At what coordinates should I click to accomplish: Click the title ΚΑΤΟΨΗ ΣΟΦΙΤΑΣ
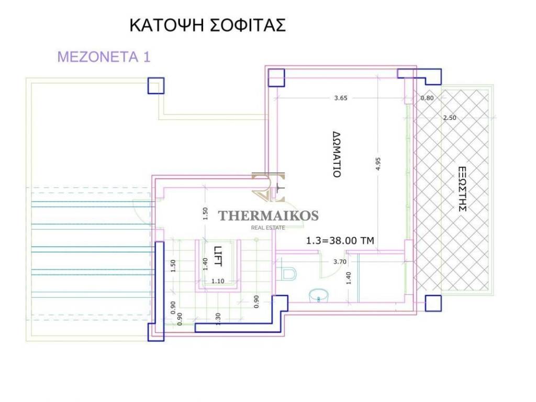207,25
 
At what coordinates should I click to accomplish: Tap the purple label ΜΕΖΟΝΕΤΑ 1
104,57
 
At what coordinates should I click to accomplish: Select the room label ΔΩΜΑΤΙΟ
337,154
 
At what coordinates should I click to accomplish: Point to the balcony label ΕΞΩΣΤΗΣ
462,189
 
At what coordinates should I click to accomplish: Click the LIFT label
218,256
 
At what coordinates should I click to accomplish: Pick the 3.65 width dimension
340,98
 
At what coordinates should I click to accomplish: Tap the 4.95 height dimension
378,164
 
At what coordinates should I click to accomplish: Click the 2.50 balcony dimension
450,118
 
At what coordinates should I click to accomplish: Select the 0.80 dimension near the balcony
427,98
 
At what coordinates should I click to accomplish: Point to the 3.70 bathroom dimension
340,262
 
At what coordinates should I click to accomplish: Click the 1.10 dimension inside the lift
218,281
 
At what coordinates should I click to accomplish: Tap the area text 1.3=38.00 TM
340,241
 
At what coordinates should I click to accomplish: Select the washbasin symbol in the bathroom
318,296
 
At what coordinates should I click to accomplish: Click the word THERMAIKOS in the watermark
269,216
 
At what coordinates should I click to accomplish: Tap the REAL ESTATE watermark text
268,228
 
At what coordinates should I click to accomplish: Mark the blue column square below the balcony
433,303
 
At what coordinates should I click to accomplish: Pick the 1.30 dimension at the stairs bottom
218,319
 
